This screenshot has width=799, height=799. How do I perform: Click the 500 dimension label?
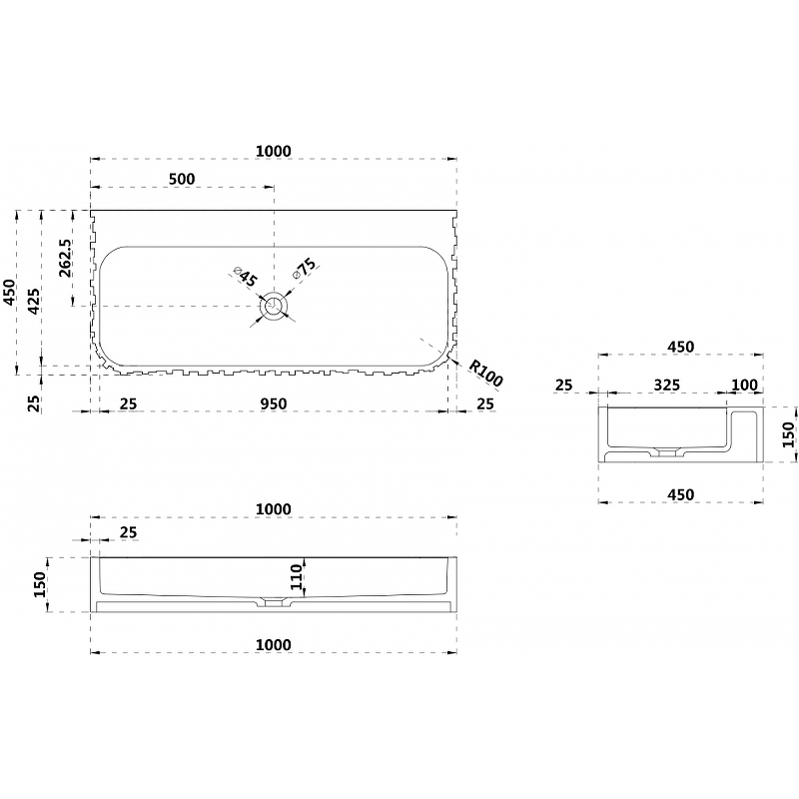[x=182, y=179]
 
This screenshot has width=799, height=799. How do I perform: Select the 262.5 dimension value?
[x=66, y=258]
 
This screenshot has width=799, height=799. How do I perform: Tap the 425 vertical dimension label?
[x=33, y=302]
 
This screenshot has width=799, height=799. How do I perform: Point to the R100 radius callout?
[x=485, y=374]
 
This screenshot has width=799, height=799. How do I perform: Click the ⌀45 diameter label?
[x=246, y=277]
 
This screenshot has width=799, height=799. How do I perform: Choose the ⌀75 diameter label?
[x=305, y=269]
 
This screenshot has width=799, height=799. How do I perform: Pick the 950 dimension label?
[x=274, y=404]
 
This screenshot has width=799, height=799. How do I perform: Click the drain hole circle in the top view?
[x=274, y=307]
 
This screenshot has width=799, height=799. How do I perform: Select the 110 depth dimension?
[x=297, y=577]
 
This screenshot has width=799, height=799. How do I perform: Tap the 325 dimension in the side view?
[x=667, y=385]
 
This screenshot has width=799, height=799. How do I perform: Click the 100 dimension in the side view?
[x=744, y=385]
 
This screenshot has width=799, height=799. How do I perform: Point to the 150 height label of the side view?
[x=789, y=434]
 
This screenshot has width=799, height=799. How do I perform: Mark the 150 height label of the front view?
[x=39, y=585]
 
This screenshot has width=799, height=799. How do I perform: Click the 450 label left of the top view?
[x=10, y=293]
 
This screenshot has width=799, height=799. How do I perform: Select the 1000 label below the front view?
[x=273, y=644]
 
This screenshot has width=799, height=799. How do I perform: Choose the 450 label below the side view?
[x=681, y=494]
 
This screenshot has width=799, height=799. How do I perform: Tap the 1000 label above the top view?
[x=273, y=152]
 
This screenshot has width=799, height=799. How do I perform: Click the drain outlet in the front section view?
[x=274, y=603]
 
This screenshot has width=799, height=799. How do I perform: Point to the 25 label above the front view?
[x=129, y=532]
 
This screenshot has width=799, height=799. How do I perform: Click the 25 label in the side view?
[x=564, y=385]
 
